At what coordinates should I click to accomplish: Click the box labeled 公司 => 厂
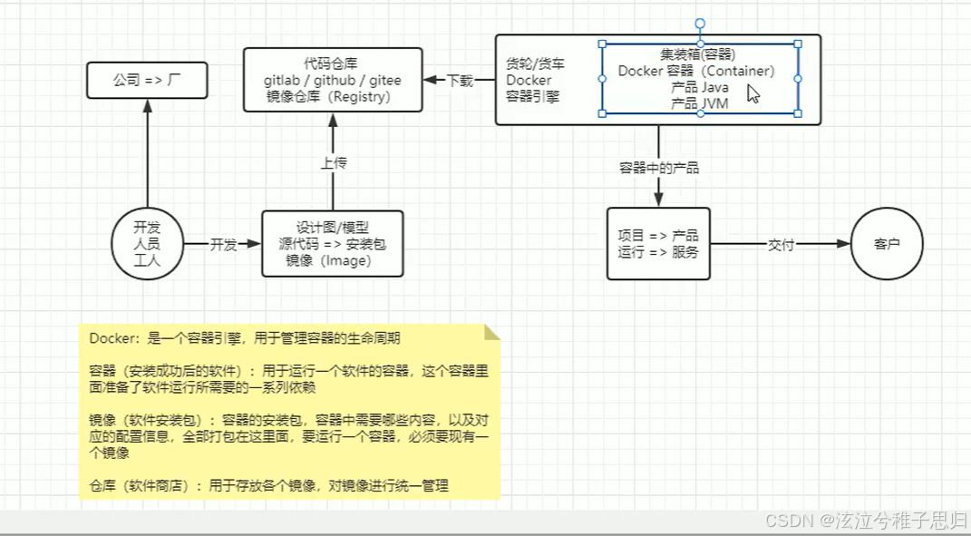pos(147,80)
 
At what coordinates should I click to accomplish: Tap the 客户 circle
pos(886,245)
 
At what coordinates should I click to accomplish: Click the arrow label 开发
pos(223,245)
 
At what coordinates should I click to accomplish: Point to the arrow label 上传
pos(333,163)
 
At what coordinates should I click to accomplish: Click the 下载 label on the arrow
pos(460,80)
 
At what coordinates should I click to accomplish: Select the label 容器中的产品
pos(659,168)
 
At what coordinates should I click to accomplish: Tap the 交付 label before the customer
pos(781,245)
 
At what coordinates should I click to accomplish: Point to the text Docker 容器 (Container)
pos(696,71)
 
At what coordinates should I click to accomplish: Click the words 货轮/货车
pos(535,64)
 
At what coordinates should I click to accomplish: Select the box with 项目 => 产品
pos(658,244)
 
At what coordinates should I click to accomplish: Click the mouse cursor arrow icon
pos(753,93)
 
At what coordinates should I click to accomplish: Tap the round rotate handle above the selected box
pos(700,24)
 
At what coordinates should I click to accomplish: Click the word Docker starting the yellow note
pos(110,338)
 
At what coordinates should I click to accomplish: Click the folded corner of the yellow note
pos(491,332)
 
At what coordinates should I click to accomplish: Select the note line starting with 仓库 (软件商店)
pos(268,486)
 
